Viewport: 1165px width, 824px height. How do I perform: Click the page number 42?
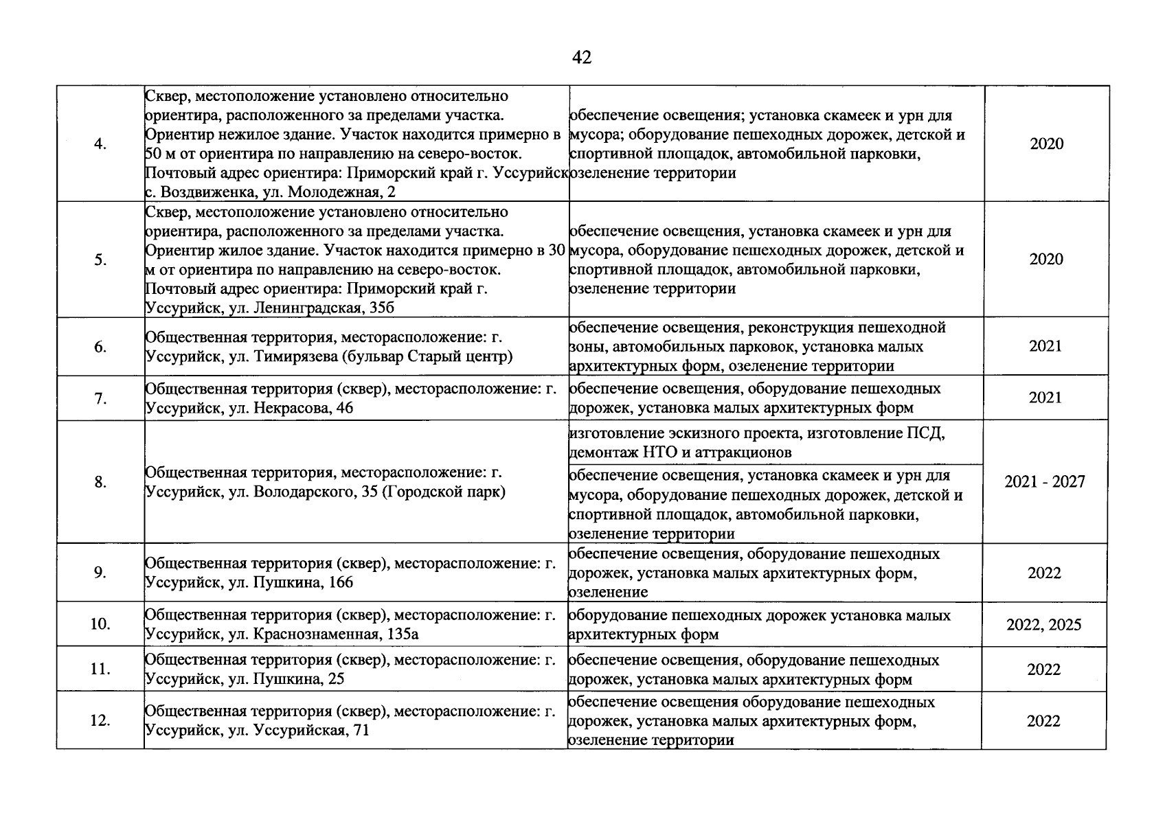[581, 58]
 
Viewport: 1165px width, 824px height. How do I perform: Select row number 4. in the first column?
[100, 144]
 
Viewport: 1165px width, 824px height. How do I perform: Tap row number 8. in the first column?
[100, 482]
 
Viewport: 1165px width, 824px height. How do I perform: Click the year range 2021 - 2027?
[1045, 482]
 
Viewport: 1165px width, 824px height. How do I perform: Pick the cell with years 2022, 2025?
[1043, 625]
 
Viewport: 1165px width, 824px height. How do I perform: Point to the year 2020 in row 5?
[1046, 260]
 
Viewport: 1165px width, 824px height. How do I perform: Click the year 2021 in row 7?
[1045, 398]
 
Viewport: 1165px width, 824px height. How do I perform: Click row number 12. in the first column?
[100, 721]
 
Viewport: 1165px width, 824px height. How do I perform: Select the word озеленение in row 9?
[609, 593]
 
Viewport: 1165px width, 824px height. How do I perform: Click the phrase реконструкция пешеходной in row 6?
[847, 328]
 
